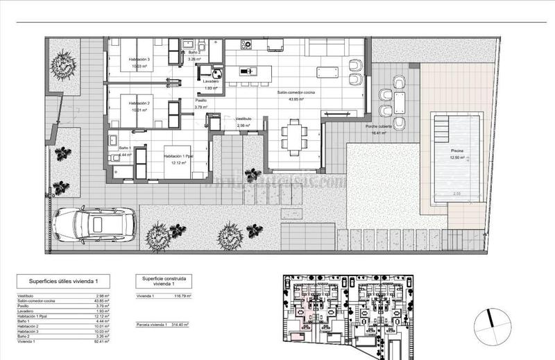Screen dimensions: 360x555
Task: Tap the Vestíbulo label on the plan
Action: pos(246,119)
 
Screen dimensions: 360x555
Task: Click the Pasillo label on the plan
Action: pos(200,101)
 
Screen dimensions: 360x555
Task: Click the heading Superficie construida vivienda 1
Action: pos(164,282)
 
